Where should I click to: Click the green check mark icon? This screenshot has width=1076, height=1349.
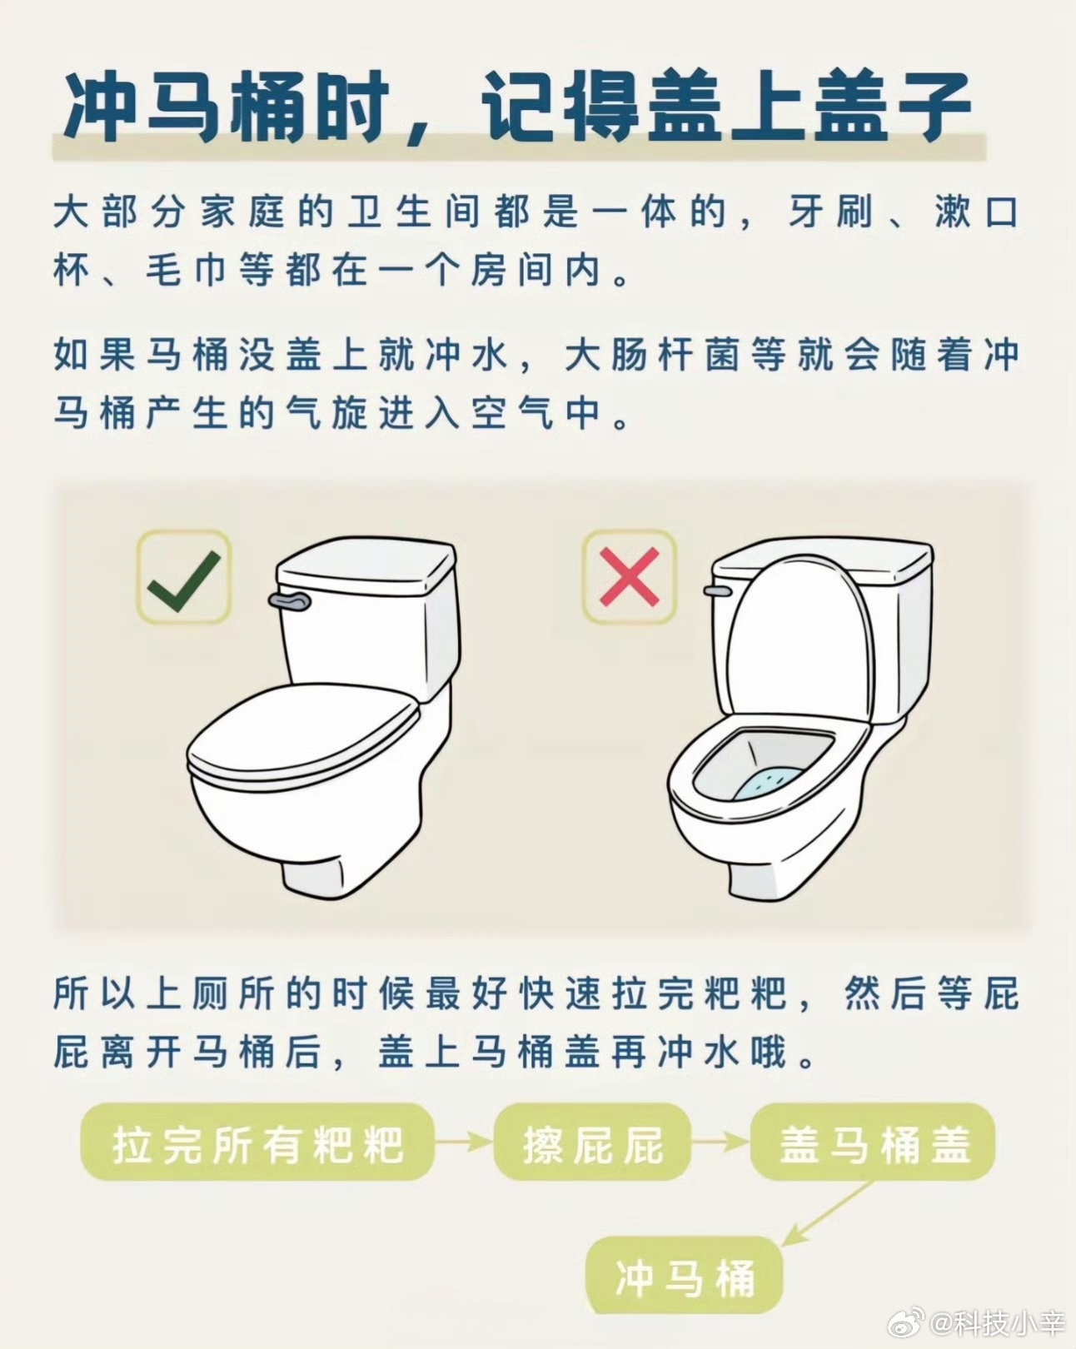[x=184, y=580]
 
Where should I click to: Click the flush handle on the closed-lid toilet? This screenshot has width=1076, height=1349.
[x=290, y=600]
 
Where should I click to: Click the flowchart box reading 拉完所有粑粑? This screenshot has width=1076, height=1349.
[x=257, y=1142]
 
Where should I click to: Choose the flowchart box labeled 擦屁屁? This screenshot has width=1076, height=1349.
[x=592, y=1142]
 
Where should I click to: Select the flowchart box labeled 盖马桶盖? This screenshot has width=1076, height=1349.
[x=873, y=1142]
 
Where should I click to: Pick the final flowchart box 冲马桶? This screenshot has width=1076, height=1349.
[x=684, y=1276]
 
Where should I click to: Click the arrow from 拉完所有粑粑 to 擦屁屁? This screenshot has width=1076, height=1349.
[x=464, y=1142]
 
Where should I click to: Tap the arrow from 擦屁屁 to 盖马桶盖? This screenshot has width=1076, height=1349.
[x=721, y=1142]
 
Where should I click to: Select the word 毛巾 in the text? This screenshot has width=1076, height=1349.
[x=186, y=271]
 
